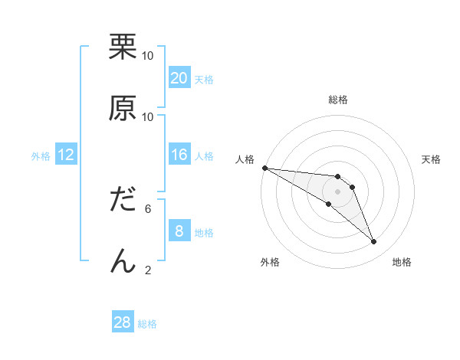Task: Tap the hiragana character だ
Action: [x=123, y=200]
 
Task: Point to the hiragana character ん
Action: [x=123, y=260]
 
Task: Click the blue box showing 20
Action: [x=179, y=78]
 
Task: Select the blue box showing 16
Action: [x=179, y=155]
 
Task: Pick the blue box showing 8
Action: [x=179, y=231]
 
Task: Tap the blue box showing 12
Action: [x=66, y=155]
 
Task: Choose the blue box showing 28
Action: [x=123, y=322]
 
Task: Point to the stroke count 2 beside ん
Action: [x=148, y=270]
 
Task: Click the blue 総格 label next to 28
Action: [x=147, y=324]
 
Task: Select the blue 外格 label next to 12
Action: [x=41, y=156]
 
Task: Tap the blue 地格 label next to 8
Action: [x=204, y=232]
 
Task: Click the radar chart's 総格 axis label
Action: [x=338, y=100]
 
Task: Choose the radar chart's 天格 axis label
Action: [x=432, y=159]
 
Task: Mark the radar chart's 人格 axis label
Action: [x=245, y=159]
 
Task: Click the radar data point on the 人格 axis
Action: [x=264, y=168]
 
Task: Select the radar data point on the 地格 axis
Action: [x=373, y=242]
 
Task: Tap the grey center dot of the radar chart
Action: [x=338, y=191]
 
